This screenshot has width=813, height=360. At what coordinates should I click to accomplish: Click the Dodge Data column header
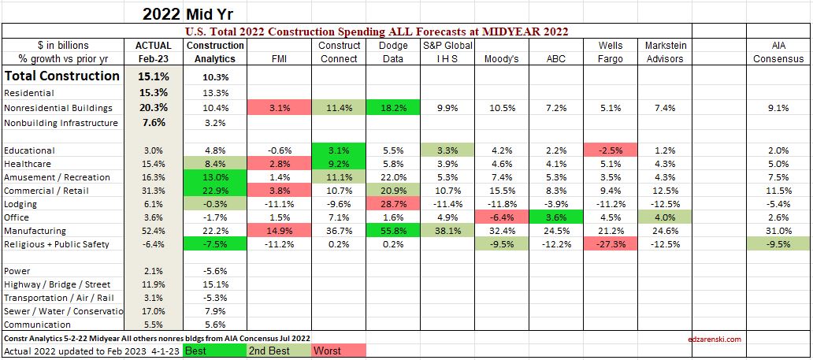pos(393,51)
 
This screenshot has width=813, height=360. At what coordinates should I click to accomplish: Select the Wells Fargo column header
pos(611,51)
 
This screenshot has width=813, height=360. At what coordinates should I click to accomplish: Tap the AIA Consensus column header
pos(778,51)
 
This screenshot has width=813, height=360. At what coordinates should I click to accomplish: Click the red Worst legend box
pos(340,350)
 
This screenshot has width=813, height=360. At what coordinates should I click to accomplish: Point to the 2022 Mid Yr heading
pos(187,13)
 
